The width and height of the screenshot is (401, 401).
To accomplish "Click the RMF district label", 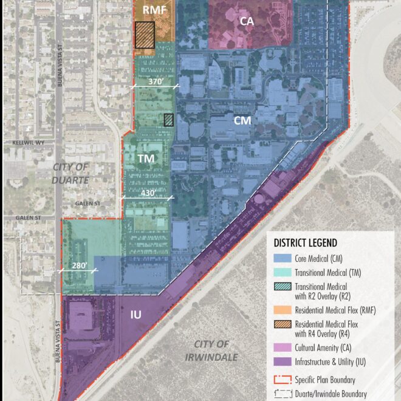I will (154, 10).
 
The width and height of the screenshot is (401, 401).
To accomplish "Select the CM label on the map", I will (242, 121).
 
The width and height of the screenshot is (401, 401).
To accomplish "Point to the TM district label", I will (145, 159).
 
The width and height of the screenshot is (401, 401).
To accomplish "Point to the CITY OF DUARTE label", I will (70, 173).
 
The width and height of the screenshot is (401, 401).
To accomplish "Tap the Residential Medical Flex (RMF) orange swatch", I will (283, 310).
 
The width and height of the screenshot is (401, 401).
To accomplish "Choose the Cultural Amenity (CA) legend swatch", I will (283, 347).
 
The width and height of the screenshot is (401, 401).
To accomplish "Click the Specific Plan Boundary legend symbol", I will (283, 379).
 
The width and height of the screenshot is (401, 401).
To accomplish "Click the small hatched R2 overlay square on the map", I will (168, 120).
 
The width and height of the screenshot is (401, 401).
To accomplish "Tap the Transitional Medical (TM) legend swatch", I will (283, 273).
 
